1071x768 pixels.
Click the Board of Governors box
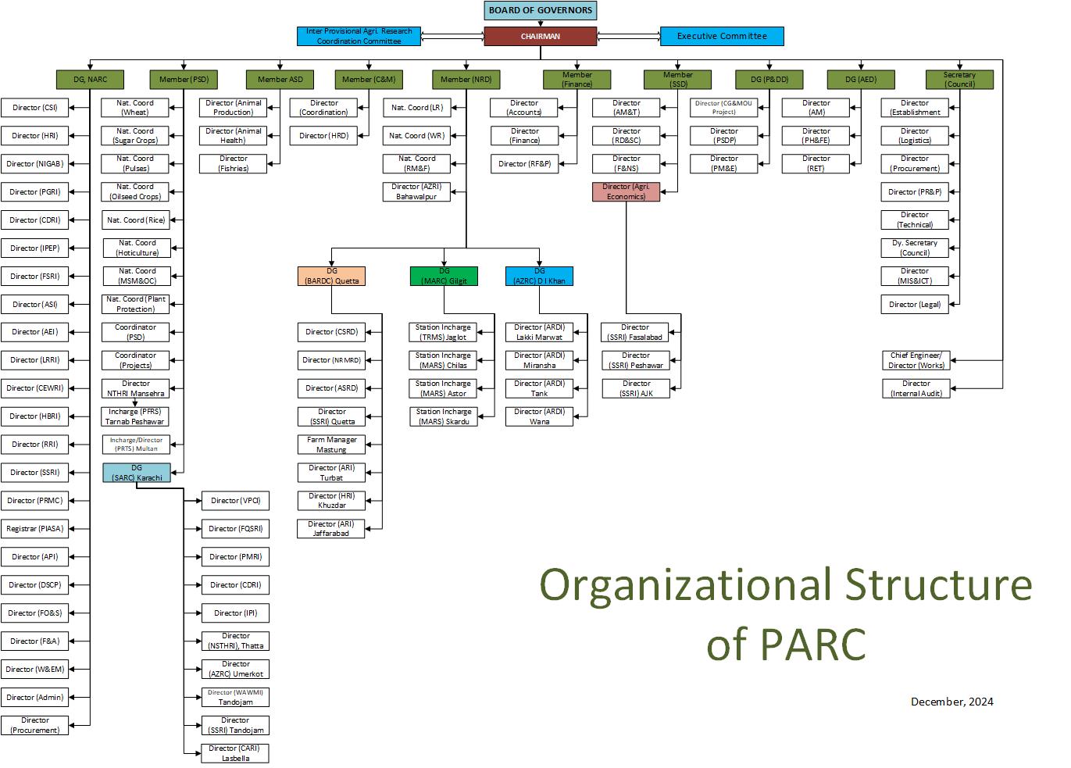point(541,10)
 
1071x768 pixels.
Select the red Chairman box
point(540,36)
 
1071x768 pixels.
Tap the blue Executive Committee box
point(721,36)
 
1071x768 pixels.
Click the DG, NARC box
point(90,79)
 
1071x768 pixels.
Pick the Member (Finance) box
point(577,79)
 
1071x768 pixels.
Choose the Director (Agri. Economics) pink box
point(626,191)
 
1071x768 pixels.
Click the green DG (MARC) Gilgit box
point(443,276)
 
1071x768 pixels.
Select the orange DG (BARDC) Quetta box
point(331,276)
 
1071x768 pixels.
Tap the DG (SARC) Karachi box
point(136,473)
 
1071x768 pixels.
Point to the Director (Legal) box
point(914,304)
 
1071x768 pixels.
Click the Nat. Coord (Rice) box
point(135,220)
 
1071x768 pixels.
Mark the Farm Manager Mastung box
point(331,445)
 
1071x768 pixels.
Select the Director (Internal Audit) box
point(916,388)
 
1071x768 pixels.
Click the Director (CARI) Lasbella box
point(235,753)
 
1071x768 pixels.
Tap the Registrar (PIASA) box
point(34,529)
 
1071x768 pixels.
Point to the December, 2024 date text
point(951,702)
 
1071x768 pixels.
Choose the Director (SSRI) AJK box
point(636,388)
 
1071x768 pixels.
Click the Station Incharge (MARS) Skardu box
point(443,416)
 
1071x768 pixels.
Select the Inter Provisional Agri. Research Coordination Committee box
point(359,36)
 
